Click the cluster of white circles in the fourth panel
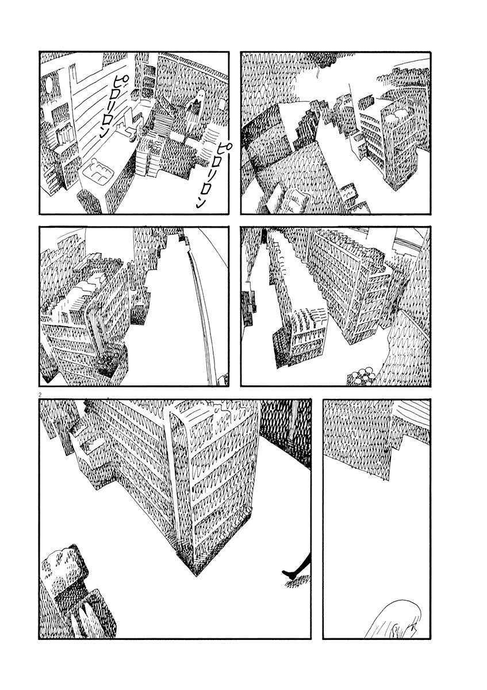tap(362, 375)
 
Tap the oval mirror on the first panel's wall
tap(49, 84)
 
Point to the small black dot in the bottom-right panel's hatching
tap(385, 451)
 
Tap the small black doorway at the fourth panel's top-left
tap(264, 236)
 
